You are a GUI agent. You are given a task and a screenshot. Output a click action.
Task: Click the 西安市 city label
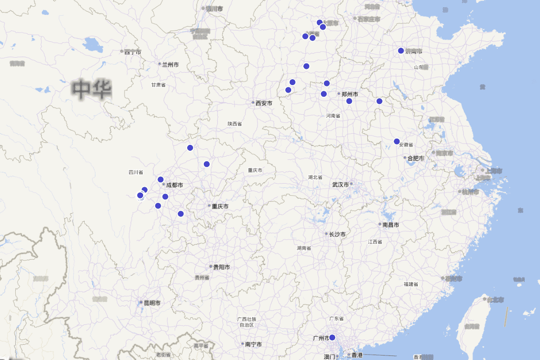pos(264,103)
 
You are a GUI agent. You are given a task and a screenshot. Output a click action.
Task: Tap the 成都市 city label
pos(175,185)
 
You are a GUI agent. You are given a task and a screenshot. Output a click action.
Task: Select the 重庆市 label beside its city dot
pos(220,206)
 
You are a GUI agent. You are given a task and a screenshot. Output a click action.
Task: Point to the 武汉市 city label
pos(341,184)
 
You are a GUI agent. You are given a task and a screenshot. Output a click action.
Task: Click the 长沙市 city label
pos(337,234)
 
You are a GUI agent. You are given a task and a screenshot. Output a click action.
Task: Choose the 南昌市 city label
pos(391,225)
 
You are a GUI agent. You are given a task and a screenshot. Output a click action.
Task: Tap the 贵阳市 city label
pos(221,267)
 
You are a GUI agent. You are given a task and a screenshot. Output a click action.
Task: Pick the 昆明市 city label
pos(152,303)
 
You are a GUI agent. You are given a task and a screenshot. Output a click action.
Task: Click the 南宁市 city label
pos(254,344)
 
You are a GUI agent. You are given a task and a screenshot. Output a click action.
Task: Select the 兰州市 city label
pos(170,65)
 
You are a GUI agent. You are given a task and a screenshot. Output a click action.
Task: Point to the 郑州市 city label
pos(350,94)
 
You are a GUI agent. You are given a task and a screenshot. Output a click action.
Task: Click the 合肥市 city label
pos(416,158)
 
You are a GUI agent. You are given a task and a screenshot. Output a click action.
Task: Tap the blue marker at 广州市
pos(333,337)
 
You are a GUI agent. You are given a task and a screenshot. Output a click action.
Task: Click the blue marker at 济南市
pos(401,50)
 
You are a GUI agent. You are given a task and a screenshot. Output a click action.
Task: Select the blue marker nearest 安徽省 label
pos(397,141)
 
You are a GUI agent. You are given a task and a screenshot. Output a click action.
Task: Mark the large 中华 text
pos(93,89)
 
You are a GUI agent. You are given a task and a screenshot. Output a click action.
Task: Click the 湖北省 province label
pos(315,177)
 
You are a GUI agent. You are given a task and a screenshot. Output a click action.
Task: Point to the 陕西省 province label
pos(235,124)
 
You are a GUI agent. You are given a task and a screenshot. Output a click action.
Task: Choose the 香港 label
pos(357,355)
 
